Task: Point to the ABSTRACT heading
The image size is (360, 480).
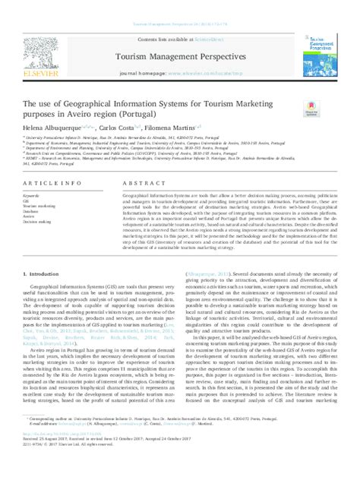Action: pos(141,184)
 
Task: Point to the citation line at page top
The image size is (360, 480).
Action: pos(179,24)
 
